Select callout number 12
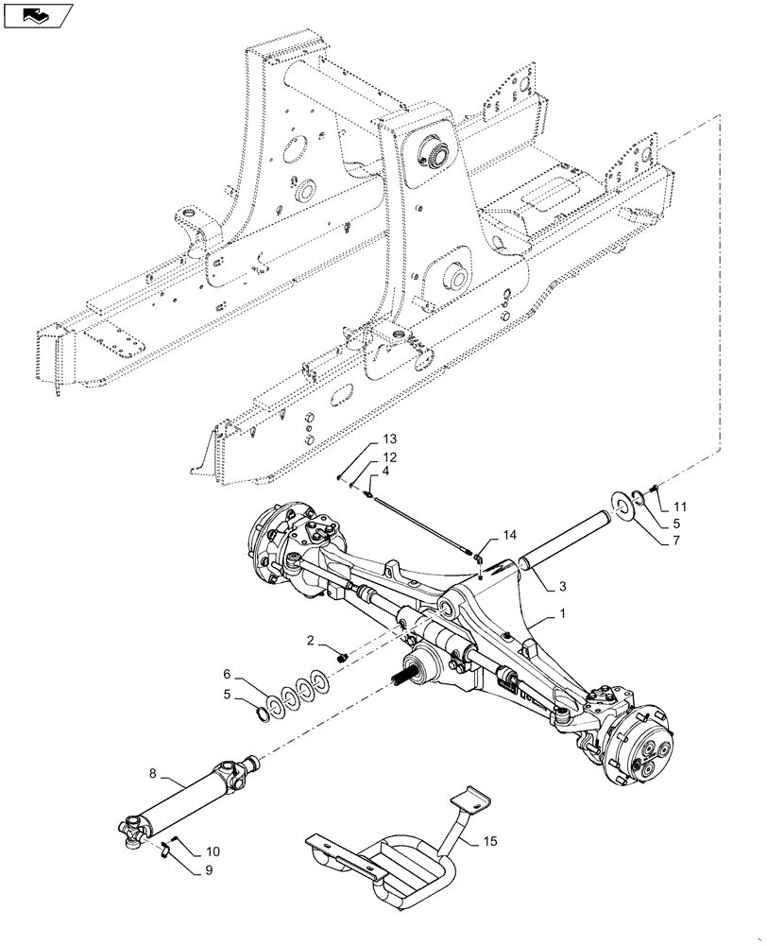coord(390,457)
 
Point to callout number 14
coord(510,535)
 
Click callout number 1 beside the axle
coord(562,613)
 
